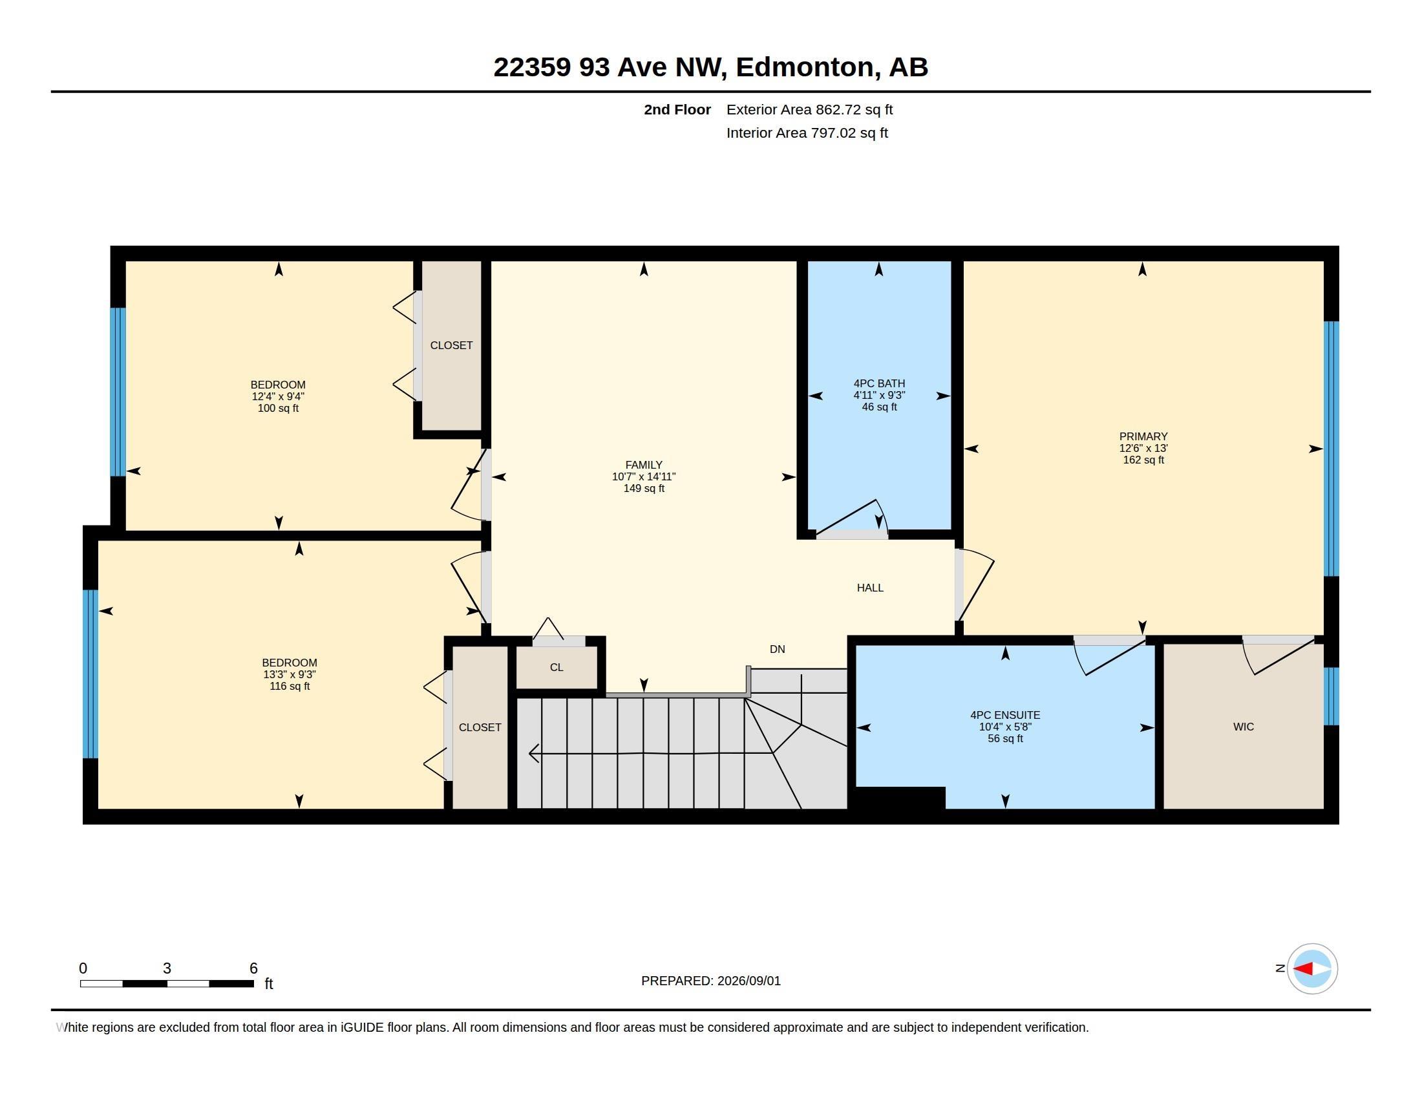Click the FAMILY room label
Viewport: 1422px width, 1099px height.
pyautogui.click(x=643, y=465)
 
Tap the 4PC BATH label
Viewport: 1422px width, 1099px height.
pyautogui.click(x=879, y=383)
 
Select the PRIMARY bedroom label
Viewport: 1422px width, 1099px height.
pyautogui.click(x=1143, y=436)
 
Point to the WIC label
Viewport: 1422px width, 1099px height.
pyautogui.click(x=1243, y=727)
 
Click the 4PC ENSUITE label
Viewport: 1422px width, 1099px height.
pyautogui.click(x=1004, y=715)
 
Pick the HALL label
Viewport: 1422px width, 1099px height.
pyautogui.click(x=870, y=588)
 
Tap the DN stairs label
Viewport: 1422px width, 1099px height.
pyautogui.click(x=777, y=649)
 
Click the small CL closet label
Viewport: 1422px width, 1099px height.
pyautogui.click(x=556, y=667)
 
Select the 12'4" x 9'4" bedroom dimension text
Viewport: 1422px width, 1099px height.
pyautogui.click(x=278, y=396)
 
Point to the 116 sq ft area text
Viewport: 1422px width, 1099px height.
pyautogui.click(x=289, y=686)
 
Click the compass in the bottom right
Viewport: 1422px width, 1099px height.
pyautogui.click(x=1312, y=968)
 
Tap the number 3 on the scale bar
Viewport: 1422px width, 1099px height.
pyautogui.click(x=167, y=968)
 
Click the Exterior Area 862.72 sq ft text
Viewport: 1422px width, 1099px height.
pyautogui.click(x=809, y=109)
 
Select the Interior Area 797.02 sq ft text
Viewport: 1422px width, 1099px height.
pyautogui.click(x=807, y=133)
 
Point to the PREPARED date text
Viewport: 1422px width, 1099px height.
pyautogui.click(x=710, y=981)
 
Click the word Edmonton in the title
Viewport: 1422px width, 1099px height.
pyautogui.click(x=805, y=67)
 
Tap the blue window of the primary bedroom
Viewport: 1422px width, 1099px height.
pyautogui.click(x=1331, y=449)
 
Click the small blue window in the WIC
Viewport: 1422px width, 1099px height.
pyautogui.click(x=1331, y=696)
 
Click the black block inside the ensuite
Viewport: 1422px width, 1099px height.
pyautogui.click(x=900, y=798)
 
